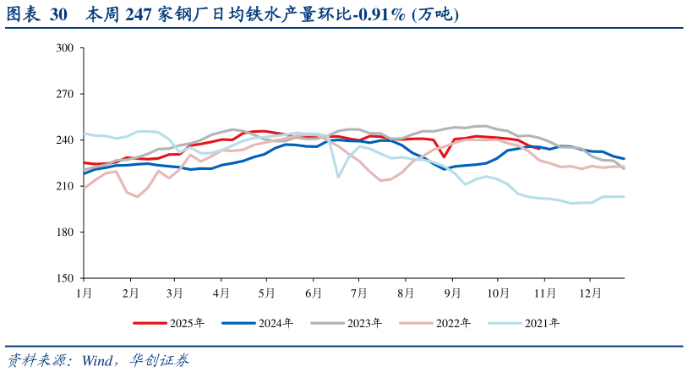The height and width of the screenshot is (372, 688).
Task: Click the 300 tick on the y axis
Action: [x=63, y=48]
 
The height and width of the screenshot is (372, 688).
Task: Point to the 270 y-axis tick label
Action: [x=63, y=94]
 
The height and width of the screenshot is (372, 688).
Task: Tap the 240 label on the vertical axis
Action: [x=63, y=140]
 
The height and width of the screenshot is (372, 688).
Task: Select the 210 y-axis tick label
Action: [x=63, y=186]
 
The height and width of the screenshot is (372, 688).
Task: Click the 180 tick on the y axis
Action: [x=63, y=232]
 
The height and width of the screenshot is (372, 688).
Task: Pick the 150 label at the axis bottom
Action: [x=63, y=278]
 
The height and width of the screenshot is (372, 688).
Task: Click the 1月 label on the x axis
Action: [x=84, y=293]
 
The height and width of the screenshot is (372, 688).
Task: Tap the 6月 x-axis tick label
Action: [x=313, y=293]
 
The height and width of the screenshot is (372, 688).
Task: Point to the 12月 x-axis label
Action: [x=590, y=293]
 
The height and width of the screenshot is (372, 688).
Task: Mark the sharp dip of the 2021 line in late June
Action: [x=338, y=177]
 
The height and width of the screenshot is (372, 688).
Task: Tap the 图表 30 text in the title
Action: [x=36, y=15]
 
